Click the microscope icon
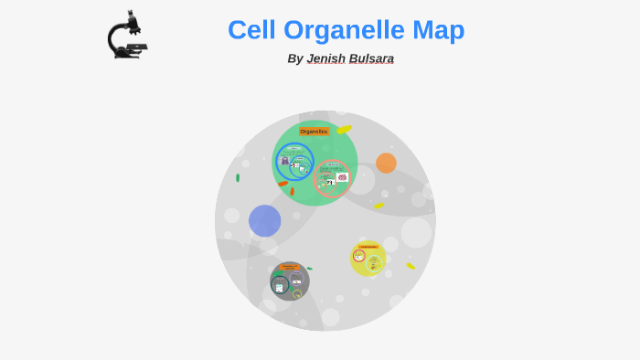coord(126,37)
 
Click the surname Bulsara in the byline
coord(371,58)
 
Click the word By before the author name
coord(294,58)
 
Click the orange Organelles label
coord(314,132)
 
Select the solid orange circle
coord(386,163)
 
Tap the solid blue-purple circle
coord(264,220)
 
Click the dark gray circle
coord(290,281)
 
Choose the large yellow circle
coord(368,259)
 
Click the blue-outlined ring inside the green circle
coord(294,162)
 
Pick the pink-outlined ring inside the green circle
coord(332,178)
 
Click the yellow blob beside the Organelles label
coord(344,130)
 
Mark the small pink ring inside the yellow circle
coord(358,256)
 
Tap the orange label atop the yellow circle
coord(368,246)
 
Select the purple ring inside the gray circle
coord(296,280)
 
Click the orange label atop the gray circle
coord(290,267)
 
